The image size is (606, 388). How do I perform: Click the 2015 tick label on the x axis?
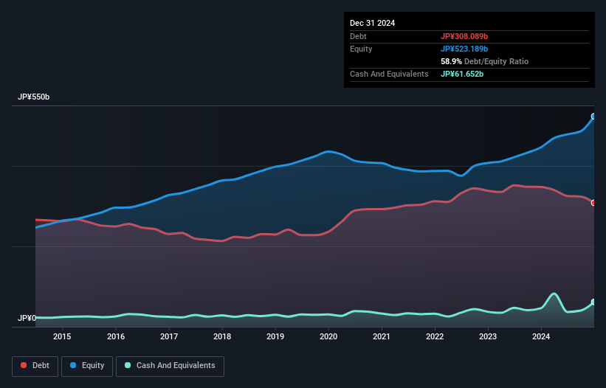pos(62,337)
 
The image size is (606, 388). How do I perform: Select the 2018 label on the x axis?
pos(221,337)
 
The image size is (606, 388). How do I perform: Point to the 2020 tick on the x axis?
pos(328,337)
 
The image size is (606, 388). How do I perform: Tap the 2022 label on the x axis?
pos(435,337)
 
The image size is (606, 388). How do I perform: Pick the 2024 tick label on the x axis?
pos(541,337)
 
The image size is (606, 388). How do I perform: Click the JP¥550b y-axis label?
pos(34,97)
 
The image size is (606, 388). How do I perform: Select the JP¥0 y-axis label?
pos(27,319)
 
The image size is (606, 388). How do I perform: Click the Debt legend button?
pos(35,366)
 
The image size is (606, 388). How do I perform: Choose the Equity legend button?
pos(87,366)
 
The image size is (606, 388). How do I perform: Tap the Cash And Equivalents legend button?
pos(170,366)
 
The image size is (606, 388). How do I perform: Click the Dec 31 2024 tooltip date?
pos(372,23)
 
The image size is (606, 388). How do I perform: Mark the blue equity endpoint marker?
pos(593,117)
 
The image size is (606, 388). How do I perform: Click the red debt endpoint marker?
pos(593,203)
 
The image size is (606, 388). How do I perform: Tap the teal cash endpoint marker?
pos(593,302)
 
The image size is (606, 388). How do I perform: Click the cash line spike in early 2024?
pos(553,294)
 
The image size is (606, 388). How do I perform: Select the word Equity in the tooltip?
pos(362,49)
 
